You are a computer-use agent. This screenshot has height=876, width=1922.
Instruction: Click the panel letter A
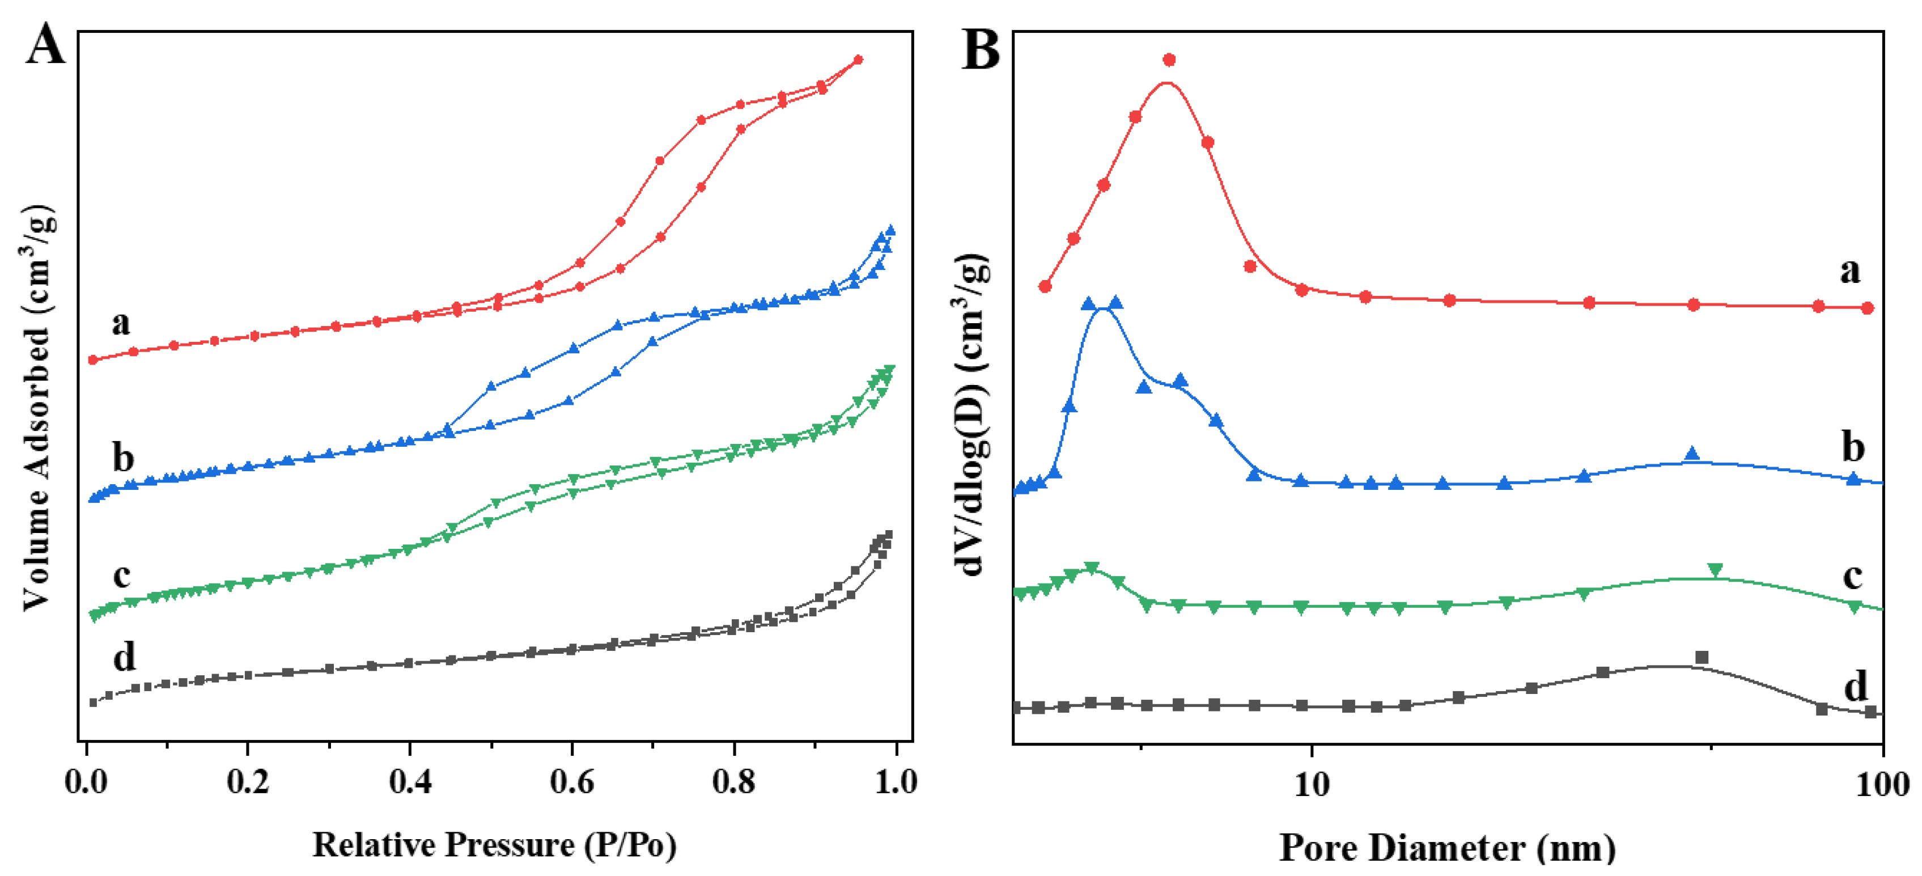click(46, 45)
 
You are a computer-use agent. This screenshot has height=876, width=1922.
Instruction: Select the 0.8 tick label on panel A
click(733, 781)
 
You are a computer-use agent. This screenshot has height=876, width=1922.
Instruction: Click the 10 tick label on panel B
click(1311, 784)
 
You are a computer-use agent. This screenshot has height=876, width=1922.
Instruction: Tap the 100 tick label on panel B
click(1882, 784)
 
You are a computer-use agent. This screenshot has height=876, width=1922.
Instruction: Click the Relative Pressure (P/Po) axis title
click(494, 845)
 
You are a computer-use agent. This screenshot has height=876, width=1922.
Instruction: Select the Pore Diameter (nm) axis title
click(1448, 848)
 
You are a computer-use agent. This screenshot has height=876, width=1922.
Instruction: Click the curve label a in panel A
click(121, 323)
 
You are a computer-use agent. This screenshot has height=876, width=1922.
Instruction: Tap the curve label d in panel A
click(124, 657)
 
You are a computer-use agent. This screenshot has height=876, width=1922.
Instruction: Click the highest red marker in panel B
click(1169, 60)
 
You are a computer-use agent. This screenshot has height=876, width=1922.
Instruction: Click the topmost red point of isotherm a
click(858, 60)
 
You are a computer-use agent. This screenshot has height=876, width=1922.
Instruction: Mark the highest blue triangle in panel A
click(889, 231)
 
